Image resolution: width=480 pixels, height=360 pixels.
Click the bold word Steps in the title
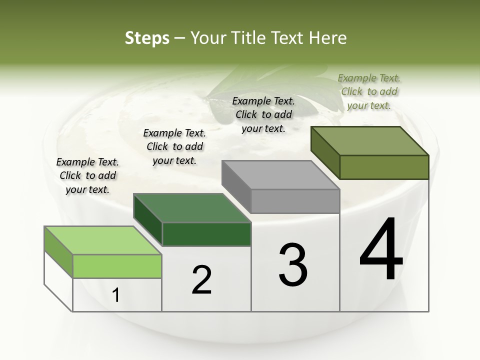click(x=147, y=38)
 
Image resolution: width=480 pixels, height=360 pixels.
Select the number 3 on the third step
click(x=293, y=264)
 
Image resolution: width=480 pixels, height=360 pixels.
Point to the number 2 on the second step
click(x=202, y=280)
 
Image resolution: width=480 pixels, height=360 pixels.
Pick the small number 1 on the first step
click(x=116, y=295)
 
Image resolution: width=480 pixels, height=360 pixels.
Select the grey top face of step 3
click(x=280, y=175)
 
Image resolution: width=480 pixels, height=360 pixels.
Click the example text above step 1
click(x=87, y=175)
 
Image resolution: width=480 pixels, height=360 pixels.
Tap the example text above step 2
click(x=174, y=146)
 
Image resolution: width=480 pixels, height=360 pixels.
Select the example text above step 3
click(x=263, y=114)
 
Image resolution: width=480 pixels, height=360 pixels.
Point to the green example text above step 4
click(x=369, y=91)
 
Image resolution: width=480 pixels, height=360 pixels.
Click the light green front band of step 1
click(x=117, y=266)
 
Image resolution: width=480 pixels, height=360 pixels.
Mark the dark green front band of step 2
click(x=206, y=234)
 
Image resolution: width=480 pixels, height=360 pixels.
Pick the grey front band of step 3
click(x=295, y=201)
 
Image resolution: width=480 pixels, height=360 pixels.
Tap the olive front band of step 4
click(x=384, y=167)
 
